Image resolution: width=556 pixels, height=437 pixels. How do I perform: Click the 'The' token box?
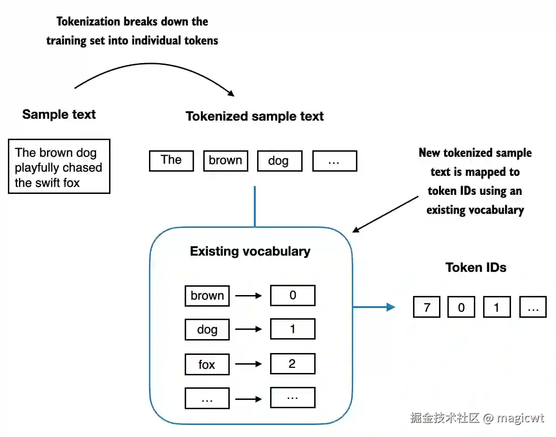coord(171,161)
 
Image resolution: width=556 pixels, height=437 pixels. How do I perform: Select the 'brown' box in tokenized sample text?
coord(226,161)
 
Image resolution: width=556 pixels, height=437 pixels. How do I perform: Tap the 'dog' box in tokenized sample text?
coord(279,161)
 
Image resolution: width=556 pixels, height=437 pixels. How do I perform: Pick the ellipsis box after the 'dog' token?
coord(334,161)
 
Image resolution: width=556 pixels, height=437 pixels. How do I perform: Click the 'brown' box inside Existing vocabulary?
coord(207,296)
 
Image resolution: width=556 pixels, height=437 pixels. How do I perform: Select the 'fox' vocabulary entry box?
coord(207,364)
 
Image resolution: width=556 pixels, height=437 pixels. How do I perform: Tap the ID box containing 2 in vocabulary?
coord(292,364)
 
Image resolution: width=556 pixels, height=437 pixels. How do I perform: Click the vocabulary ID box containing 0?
coord(292,296)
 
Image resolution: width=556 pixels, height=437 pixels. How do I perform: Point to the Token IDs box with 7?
coord(427,307)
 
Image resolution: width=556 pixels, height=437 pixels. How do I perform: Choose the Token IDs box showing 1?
coord(497,307)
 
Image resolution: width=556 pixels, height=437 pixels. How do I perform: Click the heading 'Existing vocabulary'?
coord(250,251)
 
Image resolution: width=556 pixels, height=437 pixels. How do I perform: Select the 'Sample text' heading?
coord(59,115)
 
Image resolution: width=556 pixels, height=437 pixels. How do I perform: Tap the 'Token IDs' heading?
coord(476,267)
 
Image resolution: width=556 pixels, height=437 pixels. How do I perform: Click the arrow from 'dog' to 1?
coord(249,329)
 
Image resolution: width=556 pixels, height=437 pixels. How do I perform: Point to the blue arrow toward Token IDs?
coord(374,307)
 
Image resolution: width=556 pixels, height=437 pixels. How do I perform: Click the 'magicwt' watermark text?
coord(520,418)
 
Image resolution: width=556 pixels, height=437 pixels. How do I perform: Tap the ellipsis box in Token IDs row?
coord(533,307)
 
